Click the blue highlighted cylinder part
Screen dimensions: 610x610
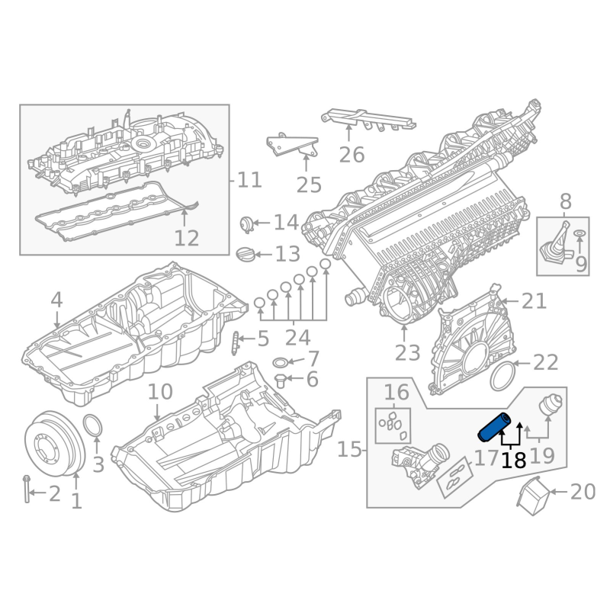click(494, 427)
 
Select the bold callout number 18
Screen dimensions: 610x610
click(513, 461)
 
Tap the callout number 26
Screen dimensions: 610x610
click(352, 155)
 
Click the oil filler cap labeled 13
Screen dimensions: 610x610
click(246, 255)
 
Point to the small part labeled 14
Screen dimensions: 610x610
click(246, 224)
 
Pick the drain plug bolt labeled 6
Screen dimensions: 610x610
click(280, 380)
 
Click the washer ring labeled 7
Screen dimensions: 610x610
click(280, 363)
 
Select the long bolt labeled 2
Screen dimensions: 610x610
click(27, 489)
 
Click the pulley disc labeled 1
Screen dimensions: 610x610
click(54, 444)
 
